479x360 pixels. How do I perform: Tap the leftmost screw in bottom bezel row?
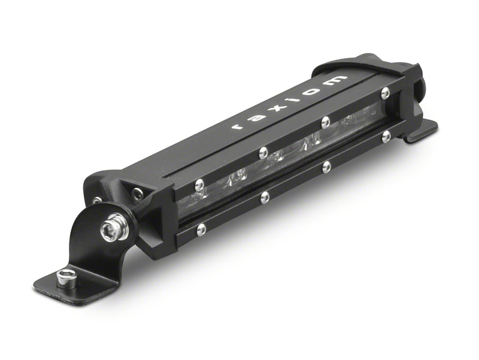click(x=201, y=228)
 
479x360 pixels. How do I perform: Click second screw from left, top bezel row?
click(x=262, y=153)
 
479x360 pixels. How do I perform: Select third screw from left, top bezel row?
click(x=324, y=122)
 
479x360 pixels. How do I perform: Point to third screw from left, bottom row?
click(x=326, y=166)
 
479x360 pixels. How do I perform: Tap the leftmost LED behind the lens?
click(x=238, y=176)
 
